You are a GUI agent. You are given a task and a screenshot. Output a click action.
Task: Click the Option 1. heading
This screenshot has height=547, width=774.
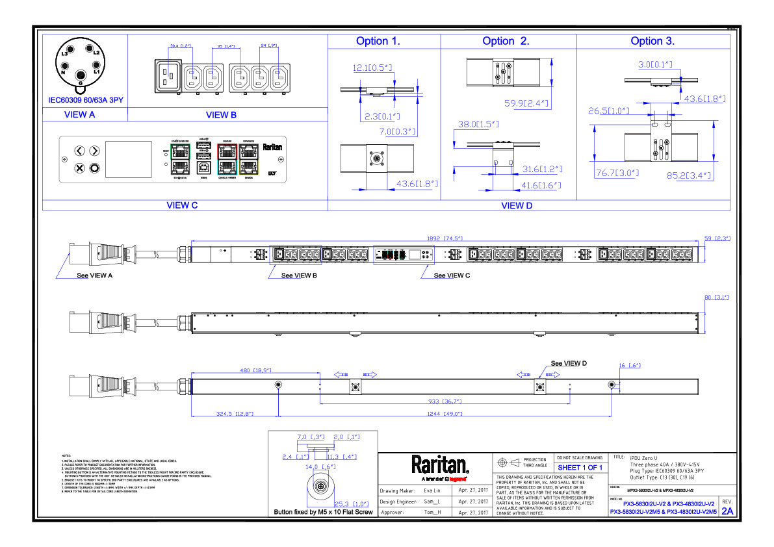(x=378, y=41)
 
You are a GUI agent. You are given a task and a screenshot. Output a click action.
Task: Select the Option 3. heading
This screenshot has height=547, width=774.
(x=652, y=41)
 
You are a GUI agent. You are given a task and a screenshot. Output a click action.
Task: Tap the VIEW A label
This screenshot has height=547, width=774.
(x=79, y=114)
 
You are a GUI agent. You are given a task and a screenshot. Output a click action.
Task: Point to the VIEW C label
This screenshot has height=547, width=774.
(x=182, y=205)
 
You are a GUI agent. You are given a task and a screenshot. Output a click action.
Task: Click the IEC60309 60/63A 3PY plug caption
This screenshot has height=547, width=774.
(x=86, y=100)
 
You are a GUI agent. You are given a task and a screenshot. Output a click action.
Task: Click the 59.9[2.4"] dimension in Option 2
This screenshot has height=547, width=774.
(x=526, y=103)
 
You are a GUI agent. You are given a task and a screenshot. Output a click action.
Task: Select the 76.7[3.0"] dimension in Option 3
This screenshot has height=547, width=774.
(x=617, y=173)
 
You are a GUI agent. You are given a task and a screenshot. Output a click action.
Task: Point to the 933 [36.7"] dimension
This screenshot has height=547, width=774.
(x=444, y=401)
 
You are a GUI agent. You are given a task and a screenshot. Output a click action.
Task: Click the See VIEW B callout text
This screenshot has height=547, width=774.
(x=299, y=275)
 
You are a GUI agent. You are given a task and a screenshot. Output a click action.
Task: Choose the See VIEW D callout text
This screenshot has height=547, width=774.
(x=569, y=363)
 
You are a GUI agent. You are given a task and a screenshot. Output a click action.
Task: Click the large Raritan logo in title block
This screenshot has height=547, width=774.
(x=439, y=464)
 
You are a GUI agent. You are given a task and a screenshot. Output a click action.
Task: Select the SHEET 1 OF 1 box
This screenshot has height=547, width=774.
(x=580, y=468)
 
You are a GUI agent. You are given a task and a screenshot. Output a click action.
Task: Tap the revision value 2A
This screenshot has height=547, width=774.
(x=727, y=511)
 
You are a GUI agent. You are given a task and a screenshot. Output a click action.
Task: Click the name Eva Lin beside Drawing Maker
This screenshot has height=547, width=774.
(x=432, y=490)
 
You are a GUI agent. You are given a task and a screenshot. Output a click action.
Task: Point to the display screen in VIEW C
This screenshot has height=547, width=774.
(x=123, y=159)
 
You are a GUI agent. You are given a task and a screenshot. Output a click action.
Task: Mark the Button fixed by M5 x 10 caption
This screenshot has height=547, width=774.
(x=324, y=513)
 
